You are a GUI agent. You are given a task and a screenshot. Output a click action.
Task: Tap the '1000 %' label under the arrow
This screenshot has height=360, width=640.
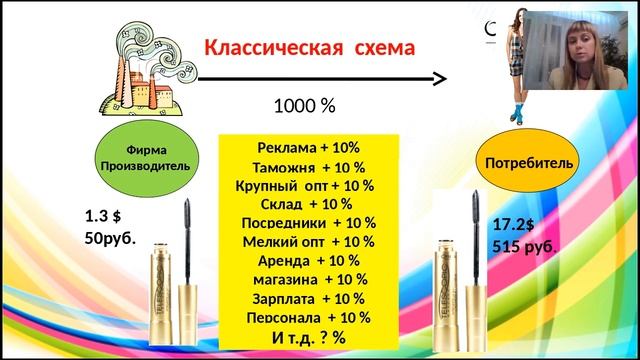tap(304, 105)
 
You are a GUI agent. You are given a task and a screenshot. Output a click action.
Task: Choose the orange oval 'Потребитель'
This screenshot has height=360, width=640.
tap(515, 162)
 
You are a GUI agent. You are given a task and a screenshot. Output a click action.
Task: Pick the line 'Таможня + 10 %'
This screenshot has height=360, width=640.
tap(308, 166)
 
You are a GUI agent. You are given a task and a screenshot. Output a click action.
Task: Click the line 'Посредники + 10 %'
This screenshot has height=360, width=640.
tap(308, 222)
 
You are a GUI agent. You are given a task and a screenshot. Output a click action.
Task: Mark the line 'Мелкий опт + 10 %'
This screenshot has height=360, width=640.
tap(308, 241)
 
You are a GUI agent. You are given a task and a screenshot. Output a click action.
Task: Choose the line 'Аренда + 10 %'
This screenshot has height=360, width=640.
tap(308, 260)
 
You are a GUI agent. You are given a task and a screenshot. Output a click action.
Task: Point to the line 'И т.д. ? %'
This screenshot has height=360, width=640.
tap(308, 337)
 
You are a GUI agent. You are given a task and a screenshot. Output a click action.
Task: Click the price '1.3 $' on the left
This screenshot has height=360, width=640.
tap(101, 217)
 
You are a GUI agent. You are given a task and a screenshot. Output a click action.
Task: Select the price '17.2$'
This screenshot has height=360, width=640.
tap(516, 226)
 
